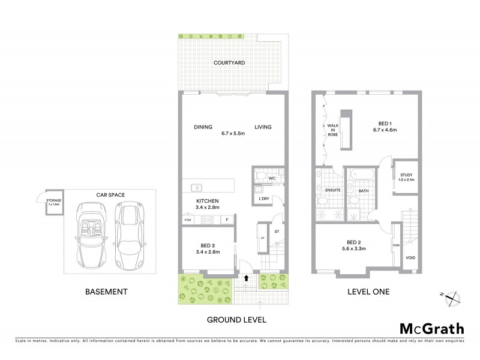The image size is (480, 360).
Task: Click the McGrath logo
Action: click(431, 328)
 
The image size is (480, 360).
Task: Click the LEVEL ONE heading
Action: click(370, 292)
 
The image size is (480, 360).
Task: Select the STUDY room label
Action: click(406, 175)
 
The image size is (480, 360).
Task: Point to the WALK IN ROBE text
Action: click(332, 131)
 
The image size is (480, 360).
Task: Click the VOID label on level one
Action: click(410, 259)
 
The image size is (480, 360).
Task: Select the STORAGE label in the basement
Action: click(54, 201)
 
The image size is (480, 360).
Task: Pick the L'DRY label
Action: click(265, 198)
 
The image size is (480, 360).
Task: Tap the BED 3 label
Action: click(207, 244)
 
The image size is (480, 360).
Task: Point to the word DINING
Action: click(204, 127)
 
